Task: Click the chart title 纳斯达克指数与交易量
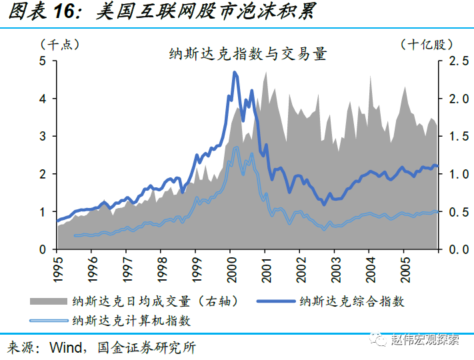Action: coord(249,54)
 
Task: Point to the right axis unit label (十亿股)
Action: coord(427,45)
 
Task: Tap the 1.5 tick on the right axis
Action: coord(456,136)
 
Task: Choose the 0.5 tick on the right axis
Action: coord(456,211)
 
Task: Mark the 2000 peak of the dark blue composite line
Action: coord(235,72)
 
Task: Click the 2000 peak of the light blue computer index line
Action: coord(236,147)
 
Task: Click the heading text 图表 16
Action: coord(41,11)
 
